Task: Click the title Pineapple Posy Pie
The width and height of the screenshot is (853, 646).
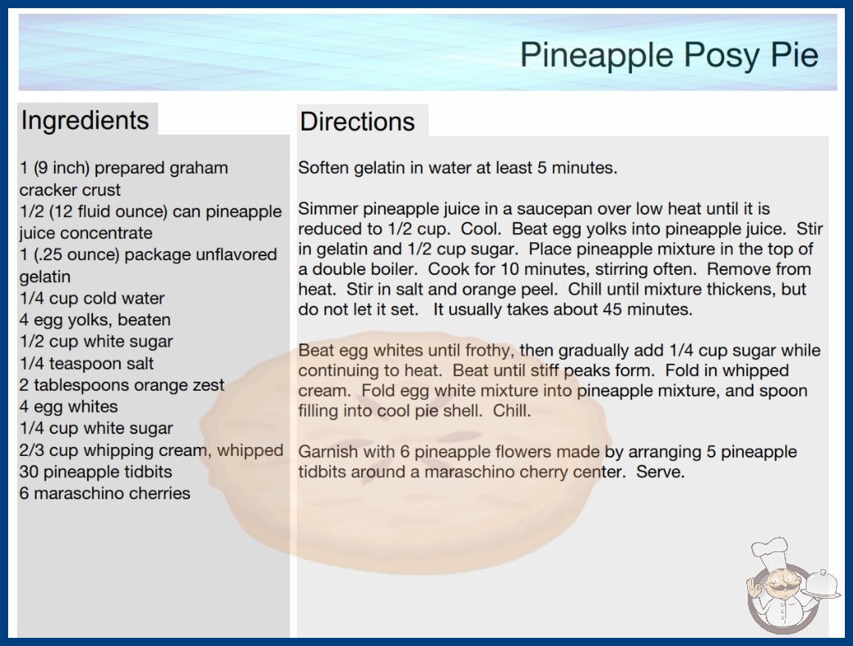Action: (670, 55)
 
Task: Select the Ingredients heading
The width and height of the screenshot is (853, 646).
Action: (85, 121)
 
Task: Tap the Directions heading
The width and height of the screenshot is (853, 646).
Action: (357, 122)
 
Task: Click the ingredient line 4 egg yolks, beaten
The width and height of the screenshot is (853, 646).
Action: (95, 320)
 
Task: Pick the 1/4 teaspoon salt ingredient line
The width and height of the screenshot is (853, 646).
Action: (86, 363)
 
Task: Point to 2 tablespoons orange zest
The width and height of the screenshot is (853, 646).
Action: (122, 385)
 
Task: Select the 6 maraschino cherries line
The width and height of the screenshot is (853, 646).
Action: (105, 493)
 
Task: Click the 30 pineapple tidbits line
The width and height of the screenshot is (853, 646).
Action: (95, 471)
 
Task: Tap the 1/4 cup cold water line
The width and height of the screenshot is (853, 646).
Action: (92, 299)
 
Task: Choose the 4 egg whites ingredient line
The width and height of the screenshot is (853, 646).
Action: (69, 406)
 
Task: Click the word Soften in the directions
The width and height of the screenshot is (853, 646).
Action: (324, 168)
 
